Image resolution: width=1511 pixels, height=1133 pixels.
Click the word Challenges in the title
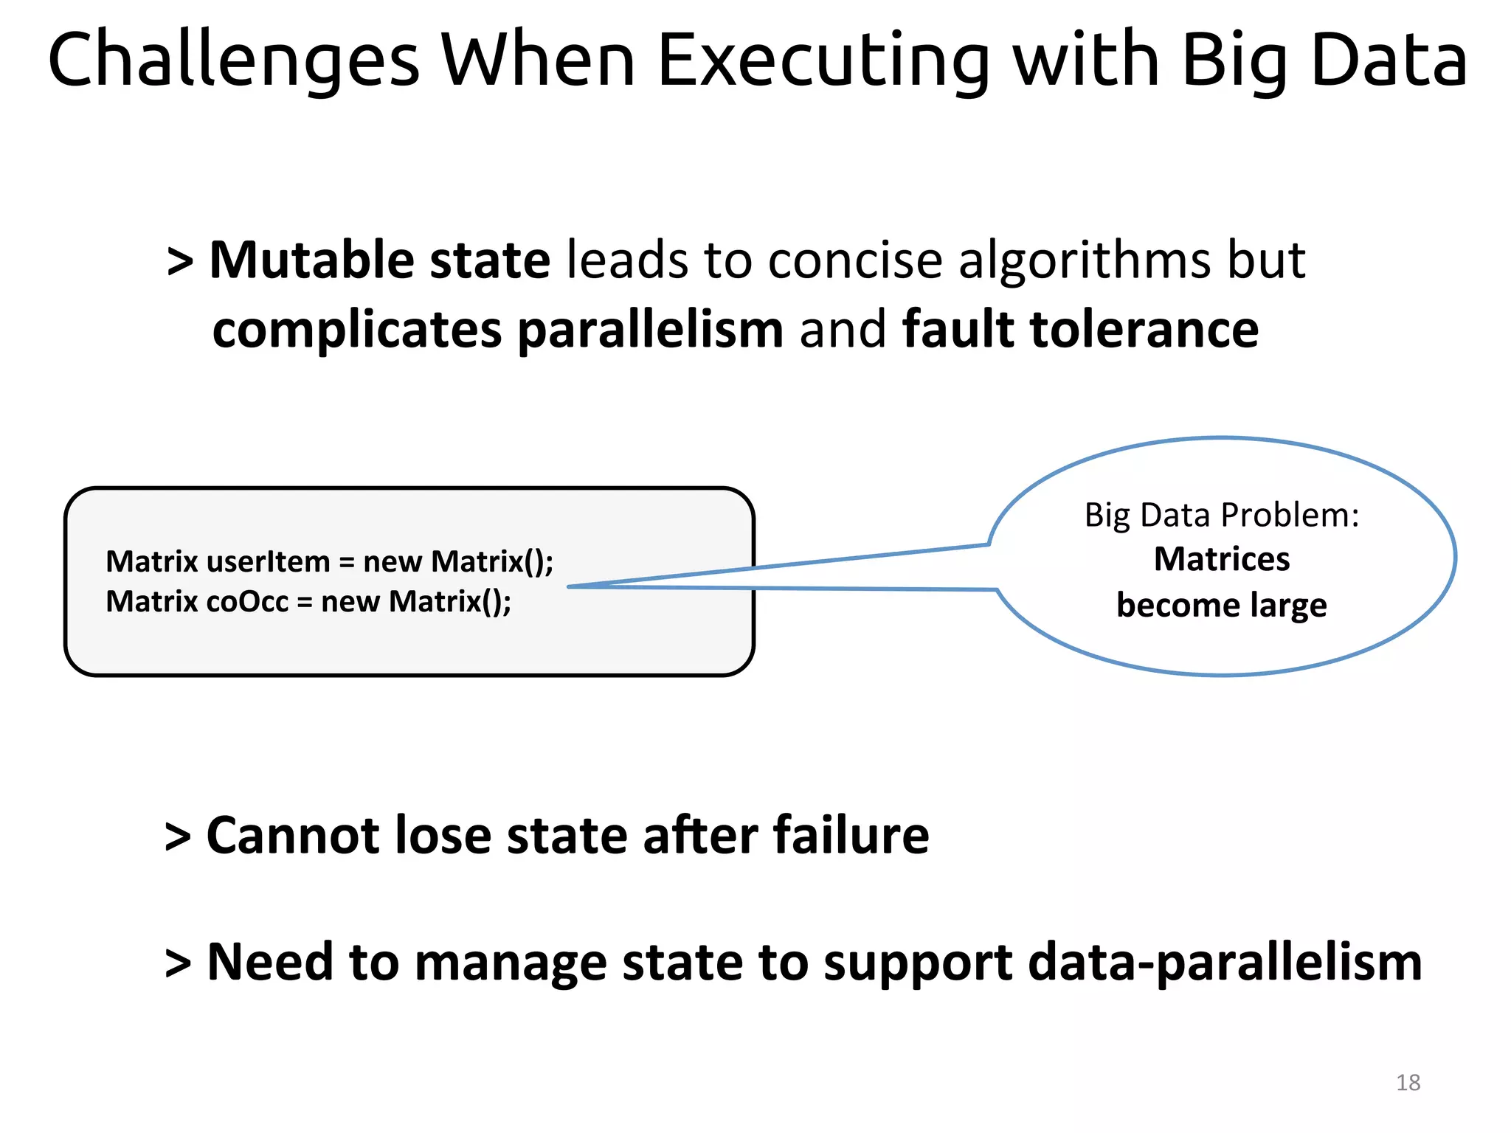pos(233,62)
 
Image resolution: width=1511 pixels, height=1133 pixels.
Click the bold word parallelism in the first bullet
pos(650,330)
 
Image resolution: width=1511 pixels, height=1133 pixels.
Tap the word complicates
pos(357,330)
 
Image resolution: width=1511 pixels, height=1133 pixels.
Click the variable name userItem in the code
pos(269,562)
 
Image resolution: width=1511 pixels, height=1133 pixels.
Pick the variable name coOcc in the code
pos(247,602)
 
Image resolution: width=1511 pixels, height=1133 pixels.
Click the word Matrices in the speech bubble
pos(1222,559)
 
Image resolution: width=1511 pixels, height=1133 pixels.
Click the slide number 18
pos(1408,1083)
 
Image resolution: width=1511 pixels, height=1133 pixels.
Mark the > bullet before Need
pos(178,964)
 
